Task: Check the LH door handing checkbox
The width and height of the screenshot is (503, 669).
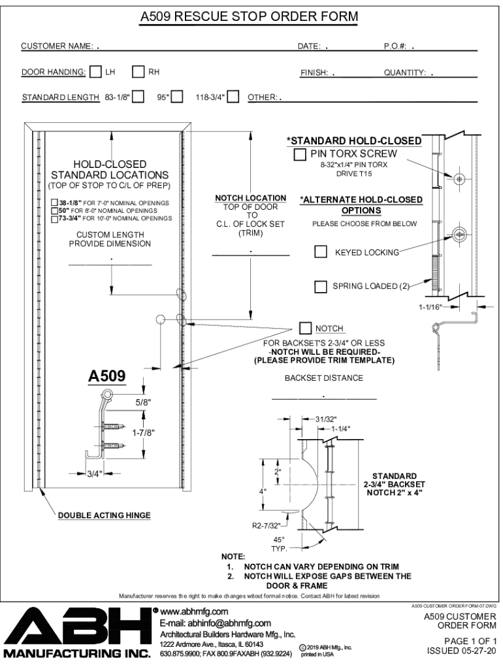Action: [96, 71]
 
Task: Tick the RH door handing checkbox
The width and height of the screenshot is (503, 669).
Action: [138, 71]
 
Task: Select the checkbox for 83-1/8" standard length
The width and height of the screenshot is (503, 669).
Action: [138, 97]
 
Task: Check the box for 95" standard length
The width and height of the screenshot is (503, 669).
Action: [177, 97]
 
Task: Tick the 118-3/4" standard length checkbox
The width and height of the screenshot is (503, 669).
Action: [233, 97]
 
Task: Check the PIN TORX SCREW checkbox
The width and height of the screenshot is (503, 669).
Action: [300, 154]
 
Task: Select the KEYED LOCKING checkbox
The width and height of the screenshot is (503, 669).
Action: [320, 252]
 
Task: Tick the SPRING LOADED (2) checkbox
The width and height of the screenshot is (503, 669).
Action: [320, 286]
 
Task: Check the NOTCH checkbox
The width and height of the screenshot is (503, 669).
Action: [306, 328]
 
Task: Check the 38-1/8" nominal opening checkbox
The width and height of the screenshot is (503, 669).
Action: [55, 203]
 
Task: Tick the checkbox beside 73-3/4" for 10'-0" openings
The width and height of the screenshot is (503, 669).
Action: [55, 219]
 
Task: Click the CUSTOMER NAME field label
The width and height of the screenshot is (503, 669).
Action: [57, 46]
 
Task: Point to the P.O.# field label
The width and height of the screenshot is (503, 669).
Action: [395, 46]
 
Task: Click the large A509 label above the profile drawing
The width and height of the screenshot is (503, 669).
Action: [106, 376]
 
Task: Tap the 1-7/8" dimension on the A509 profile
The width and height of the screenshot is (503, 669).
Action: [143, 433]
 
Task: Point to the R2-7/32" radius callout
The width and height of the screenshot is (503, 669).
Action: [267, 526]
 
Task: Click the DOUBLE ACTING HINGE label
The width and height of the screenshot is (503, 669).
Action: [105, 515]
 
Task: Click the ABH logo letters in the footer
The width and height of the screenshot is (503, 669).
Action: [77, 627]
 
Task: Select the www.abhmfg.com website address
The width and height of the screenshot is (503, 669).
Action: [194, 612]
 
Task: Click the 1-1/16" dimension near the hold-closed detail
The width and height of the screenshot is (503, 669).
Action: [430, 307]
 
